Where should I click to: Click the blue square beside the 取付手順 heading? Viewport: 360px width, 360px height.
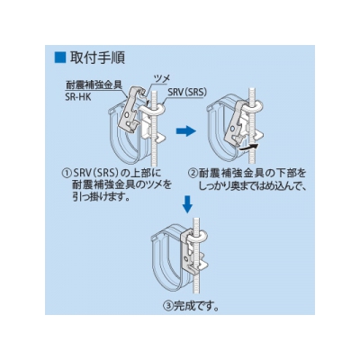(59, 57)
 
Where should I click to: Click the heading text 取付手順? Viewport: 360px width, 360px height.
(97, 58)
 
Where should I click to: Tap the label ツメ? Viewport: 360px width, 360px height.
(162, 78)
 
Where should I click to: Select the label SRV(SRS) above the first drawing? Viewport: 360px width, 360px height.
(187, 93)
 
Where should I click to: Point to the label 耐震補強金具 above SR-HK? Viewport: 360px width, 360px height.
(94, 85)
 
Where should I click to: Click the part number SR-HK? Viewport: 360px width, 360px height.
(78, 97)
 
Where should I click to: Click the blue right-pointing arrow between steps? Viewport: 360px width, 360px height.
(186, 130)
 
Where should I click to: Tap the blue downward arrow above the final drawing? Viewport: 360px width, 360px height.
(187, 204)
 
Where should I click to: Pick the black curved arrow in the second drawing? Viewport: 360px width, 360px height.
(247, 146)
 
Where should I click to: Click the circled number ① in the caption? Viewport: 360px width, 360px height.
(65, 173)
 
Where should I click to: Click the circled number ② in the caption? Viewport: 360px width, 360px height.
(192, 173)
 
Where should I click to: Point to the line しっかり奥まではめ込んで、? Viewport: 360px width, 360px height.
(252, 185)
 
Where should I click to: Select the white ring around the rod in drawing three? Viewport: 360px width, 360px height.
(200, 236)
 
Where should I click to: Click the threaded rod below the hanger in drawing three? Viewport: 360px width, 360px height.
(194, 282)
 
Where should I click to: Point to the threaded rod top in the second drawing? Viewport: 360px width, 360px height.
(252, 94)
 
